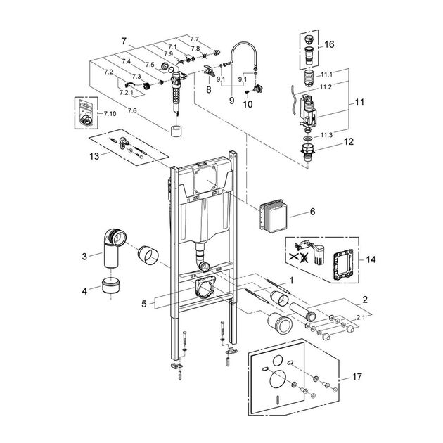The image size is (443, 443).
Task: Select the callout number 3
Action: pos(84,257)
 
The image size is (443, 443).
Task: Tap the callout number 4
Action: pos(84,290)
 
